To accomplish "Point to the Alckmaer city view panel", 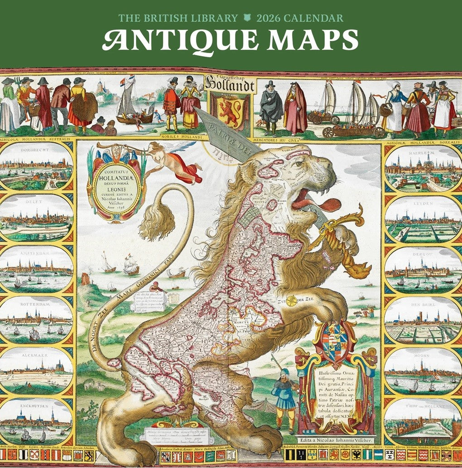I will coord(36,370).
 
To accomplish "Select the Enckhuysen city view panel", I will coord(36,422).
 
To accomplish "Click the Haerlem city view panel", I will coord(423,168).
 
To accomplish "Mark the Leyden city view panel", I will coord(423,219).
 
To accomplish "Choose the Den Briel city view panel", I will coord(423,321).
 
